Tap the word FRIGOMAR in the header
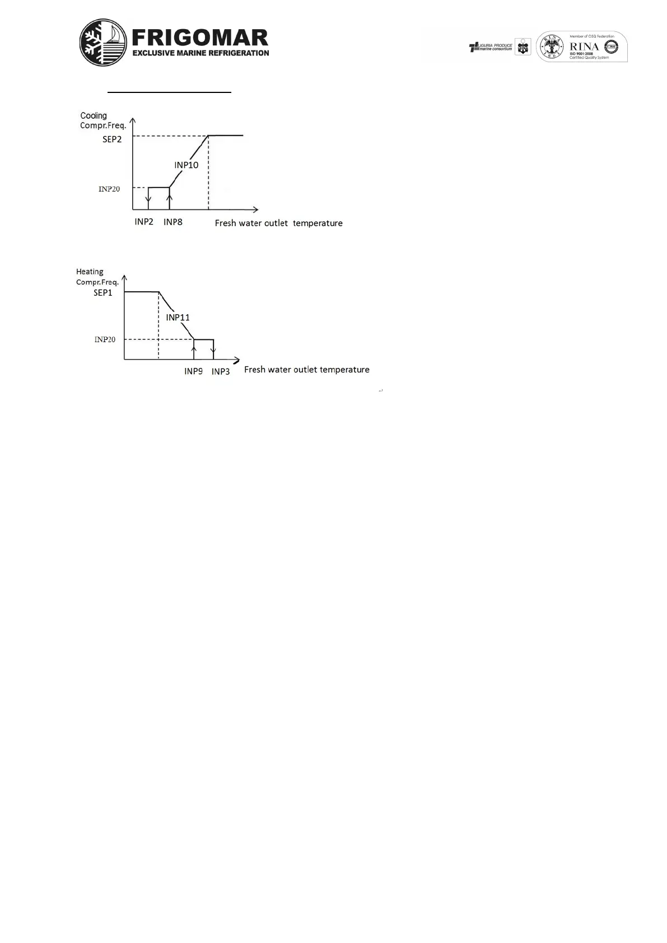coord(200,38)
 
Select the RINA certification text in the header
coord(584,46)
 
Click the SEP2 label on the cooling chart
coord(112,139)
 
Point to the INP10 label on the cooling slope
coord(186,165)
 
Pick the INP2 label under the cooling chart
coord(144,222)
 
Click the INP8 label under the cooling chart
coord(173,222)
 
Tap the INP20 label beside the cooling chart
coord(109,189)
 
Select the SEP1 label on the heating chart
coord(103,292)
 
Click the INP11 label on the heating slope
coord(178,318)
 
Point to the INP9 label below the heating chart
coord(193,371)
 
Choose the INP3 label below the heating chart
coord(221,371)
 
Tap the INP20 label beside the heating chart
coord(105,339)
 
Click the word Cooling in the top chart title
coord(94,116)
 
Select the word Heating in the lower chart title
coord(90,272)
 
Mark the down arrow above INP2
coord(148,199)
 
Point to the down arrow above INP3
coord(213,352)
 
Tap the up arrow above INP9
coord(194,350)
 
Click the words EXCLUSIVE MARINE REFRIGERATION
coord(200,53)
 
